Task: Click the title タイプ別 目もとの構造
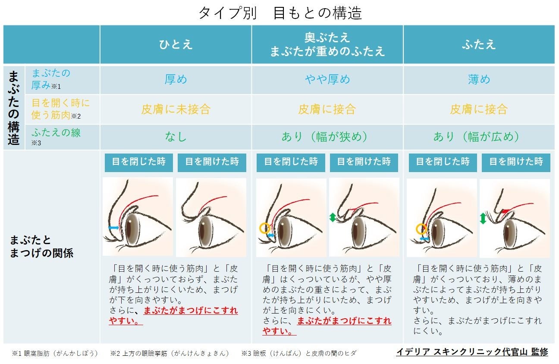pos(279,13)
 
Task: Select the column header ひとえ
pos(176,44)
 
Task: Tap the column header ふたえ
pos(479,44)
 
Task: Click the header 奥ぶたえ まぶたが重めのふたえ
pos(327,44)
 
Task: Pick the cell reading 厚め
pos(176,79)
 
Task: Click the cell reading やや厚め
pos(327,79)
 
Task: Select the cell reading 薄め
pos(479,79)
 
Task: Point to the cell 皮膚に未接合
pos(176,109)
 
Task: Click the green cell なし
pos(176,137)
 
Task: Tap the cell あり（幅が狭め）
pos(327,137)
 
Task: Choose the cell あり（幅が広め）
pos(479,137)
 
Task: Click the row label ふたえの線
pos(56,133)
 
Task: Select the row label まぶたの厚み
pos(51,79)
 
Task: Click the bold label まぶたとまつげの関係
pos(41,247)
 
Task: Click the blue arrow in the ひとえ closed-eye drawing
pos(114,227)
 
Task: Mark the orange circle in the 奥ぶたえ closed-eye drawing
pos(264,228)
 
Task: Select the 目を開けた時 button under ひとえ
pos(212,162)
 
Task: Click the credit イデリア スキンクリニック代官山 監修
pos(472,352)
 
